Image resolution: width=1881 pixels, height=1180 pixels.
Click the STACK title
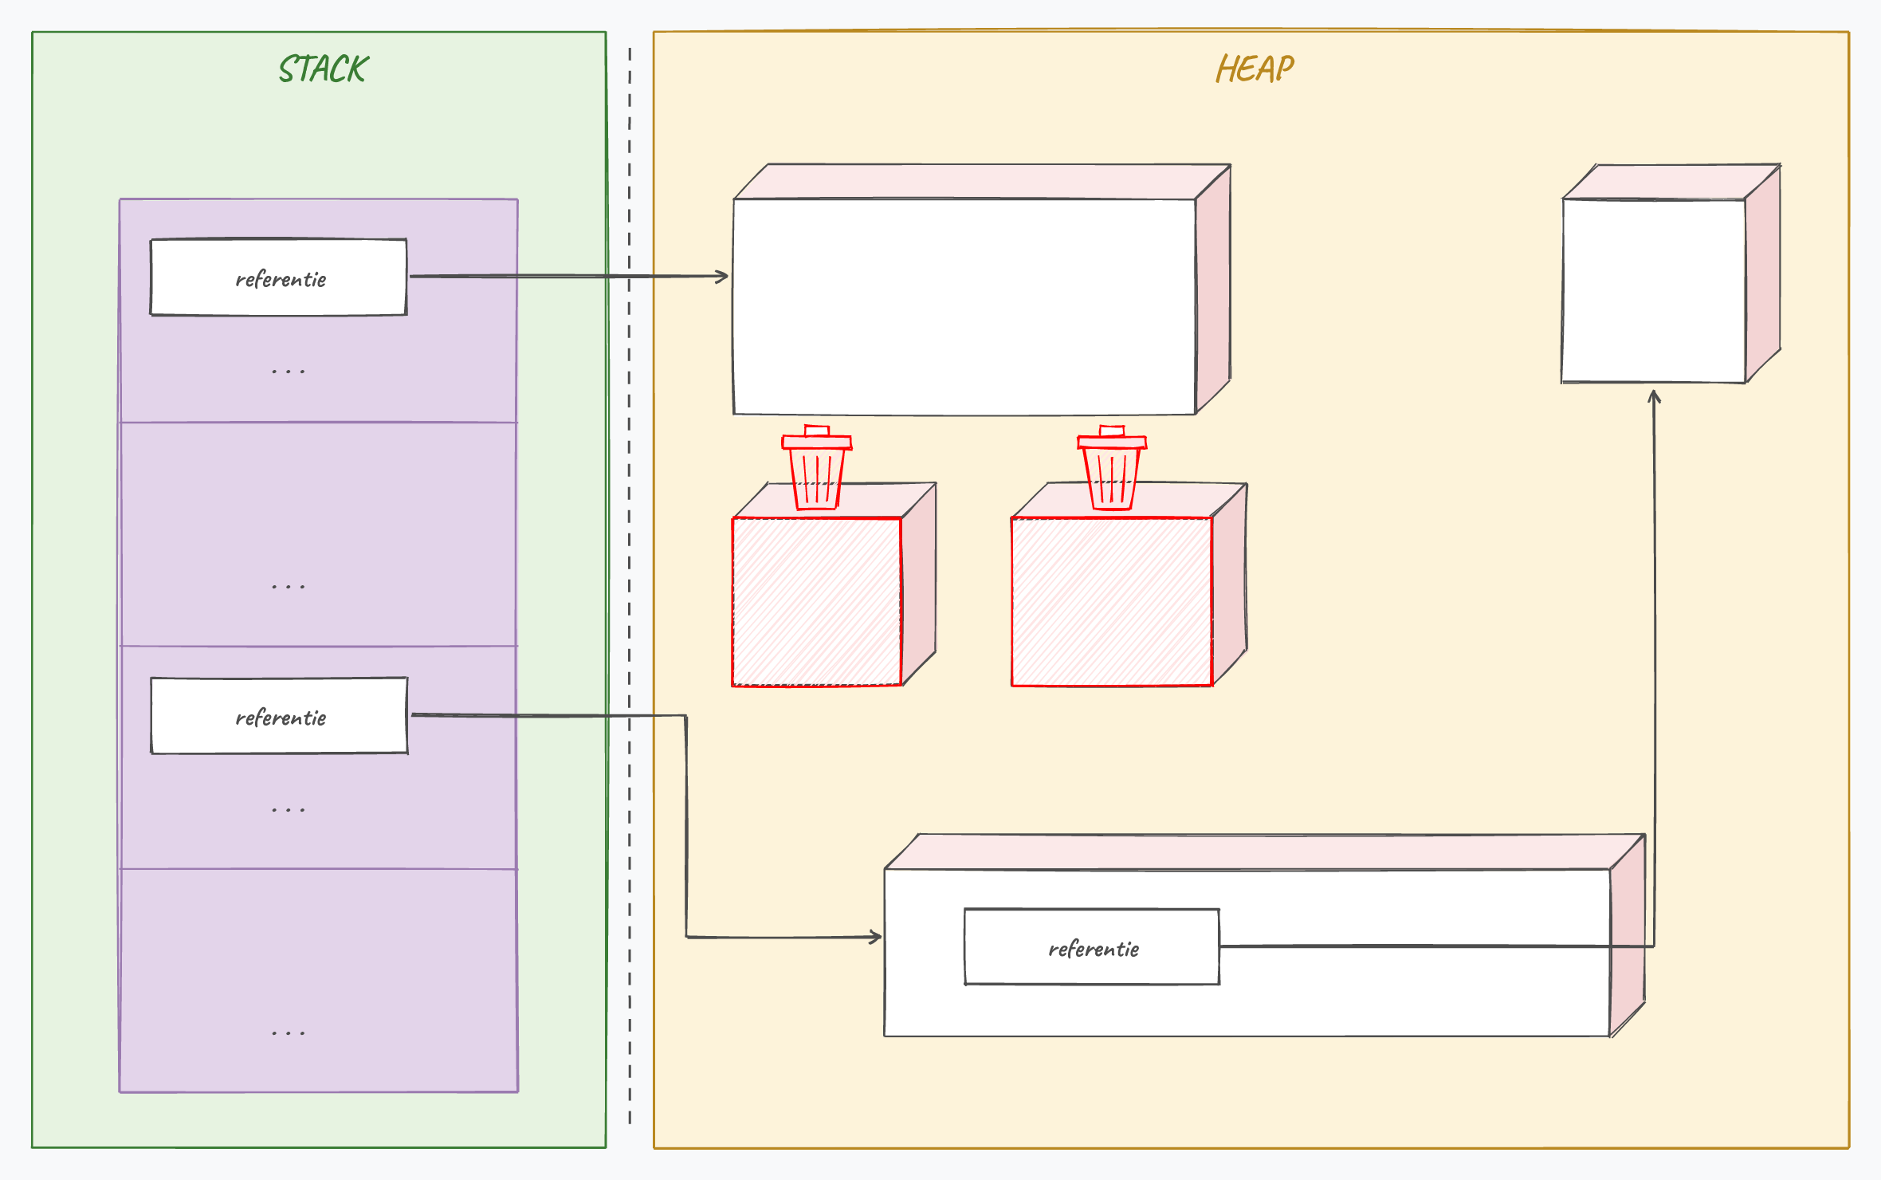(x=324, y=69)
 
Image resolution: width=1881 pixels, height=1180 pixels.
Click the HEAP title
(x=1255, y=69)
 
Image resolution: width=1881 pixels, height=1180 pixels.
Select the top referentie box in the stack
(x=279, y=277)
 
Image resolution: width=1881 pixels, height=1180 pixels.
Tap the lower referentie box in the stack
(x=279, y=716)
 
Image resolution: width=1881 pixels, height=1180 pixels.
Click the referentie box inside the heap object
(x=1092, y=947)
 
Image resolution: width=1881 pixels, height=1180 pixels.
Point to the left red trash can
(x=817, y=468)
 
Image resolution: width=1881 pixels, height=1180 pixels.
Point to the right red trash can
(x=1112, y=468)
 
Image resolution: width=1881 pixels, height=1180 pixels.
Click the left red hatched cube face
(x=817, y=602)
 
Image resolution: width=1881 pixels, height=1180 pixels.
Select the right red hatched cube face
(x=1112, y=602)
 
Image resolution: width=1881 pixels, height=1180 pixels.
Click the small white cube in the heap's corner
(x=1654, y=291)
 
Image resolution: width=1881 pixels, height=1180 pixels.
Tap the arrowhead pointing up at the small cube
(x=1655, y=396)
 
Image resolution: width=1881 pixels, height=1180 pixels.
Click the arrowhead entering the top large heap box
(x=723, y=277)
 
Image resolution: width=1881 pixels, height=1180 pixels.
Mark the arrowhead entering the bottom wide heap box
(x=876, y=937)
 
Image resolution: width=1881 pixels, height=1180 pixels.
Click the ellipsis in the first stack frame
(x=288, y=372)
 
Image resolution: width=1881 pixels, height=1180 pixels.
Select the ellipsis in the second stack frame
(x=288, y=587)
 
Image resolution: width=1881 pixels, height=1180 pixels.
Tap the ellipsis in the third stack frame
(x=288, y=810)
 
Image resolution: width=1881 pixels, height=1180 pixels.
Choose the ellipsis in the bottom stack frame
(x=288, y=1033)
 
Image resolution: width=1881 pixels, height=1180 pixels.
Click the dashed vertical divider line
(x=630, y=586)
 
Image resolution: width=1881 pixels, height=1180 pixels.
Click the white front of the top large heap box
(x=964, y=307)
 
